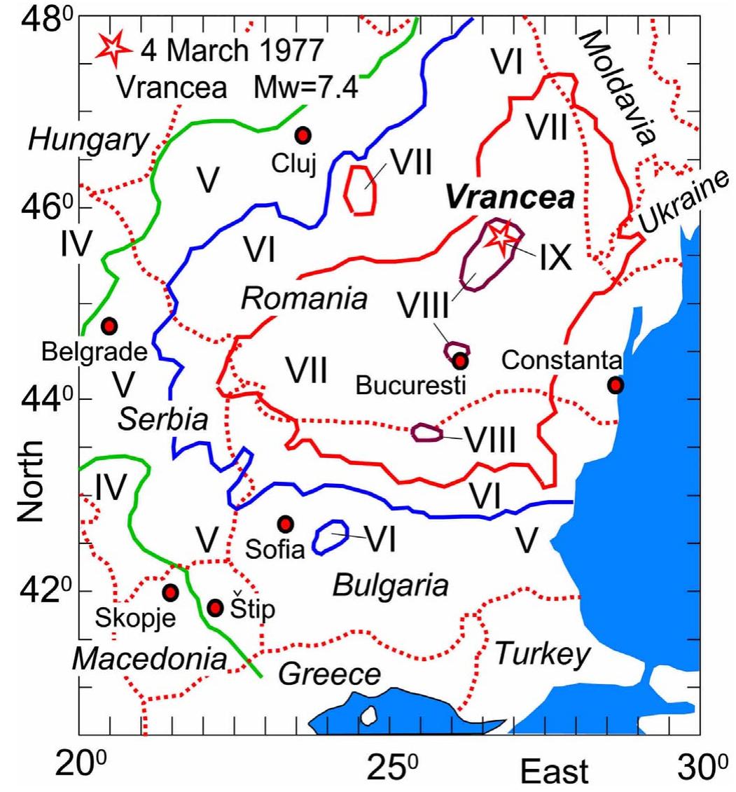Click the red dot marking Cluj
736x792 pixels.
click(x=303, y=134)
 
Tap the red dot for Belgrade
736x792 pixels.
click(x=109, y=326)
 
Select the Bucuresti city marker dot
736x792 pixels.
click(x=459, y=361)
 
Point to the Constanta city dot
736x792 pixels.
click(x=615, y=384)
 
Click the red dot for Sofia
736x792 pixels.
click(x=284, y=524)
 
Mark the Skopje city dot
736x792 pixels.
click(x=170, y=592)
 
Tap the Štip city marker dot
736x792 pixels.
click(x=216, y=607)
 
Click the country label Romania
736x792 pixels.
click(x=304, y=299)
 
